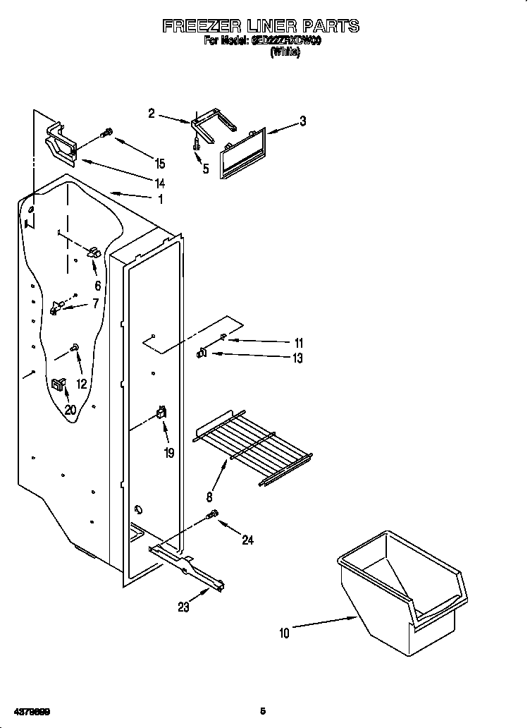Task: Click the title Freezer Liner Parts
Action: tap(261, 27)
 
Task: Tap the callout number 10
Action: tap(284, 633)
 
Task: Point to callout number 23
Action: tap(183, 607)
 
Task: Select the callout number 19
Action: tap(169, 453)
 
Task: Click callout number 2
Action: tap(152, 113)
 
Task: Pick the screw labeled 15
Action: tap(108, 133)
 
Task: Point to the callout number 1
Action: tap(160, 200)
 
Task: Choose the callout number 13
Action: tap(297, 358)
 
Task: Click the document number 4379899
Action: tap(28, 710)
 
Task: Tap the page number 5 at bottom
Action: tap(262, 710)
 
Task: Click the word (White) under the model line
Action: tap(285, 54)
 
